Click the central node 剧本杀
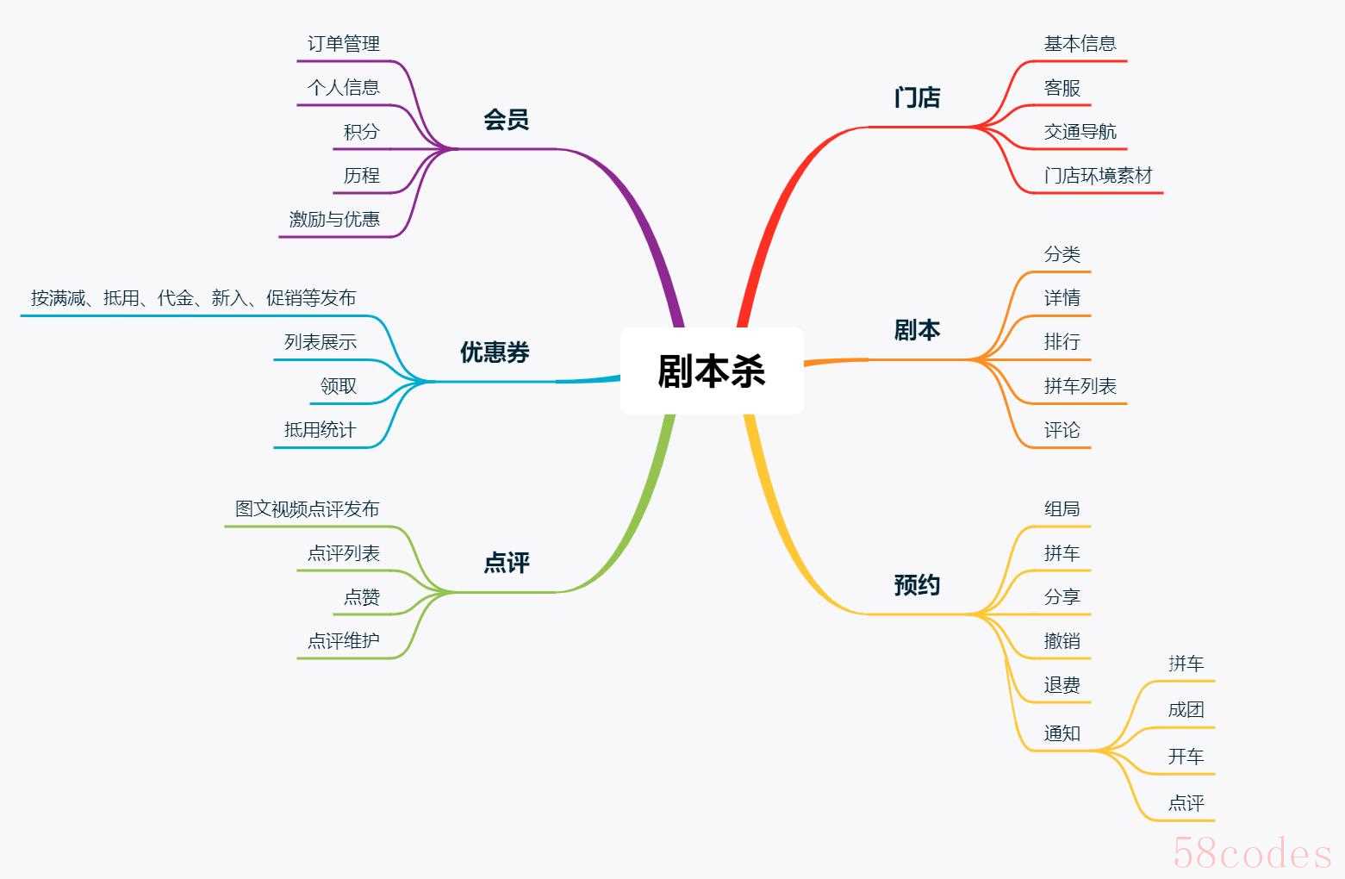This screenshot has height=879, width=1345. point(712,371)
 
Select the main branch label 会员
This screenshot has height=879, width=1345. point(506,120)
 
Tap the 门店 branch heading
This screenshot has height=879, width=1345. point(917,97)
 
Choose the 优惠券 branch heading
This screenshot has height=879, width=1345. point(495,352)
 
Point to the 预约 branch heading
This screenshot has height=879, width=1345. point(917,585)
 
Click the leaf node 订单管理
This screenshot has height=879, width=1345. point(344,43)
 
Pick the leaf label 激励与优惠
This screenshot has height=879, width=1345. point(334,219)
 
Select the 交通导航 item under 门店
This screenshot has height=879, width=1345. point(1080,132)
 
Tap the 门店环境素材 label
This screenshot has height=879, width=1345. point(1099,175)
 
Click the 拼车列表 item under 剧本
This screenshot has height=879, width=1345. point(1080,385)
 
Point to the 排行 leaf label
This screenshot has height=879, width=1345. point(1062,341)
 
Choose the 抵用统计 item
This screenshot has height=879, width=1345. point(320,430)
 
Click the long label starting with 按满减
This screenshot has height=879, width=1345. point(193,298)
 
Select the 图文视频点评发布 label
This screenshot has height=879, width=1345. point(307,508)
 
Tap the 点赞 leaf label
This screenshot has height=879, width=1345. point(362,597)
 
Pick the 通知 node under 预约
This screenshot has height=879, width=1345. point(1062,733)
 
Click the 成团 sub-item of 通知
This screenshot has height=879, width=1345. point(1186,710)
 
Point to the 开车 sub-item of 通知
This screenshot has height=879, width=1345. point(1186,756)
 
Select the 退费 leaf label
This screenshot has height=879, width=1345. point(1062,684)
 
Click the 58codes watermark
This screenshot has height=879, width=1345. point(1252,853)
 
